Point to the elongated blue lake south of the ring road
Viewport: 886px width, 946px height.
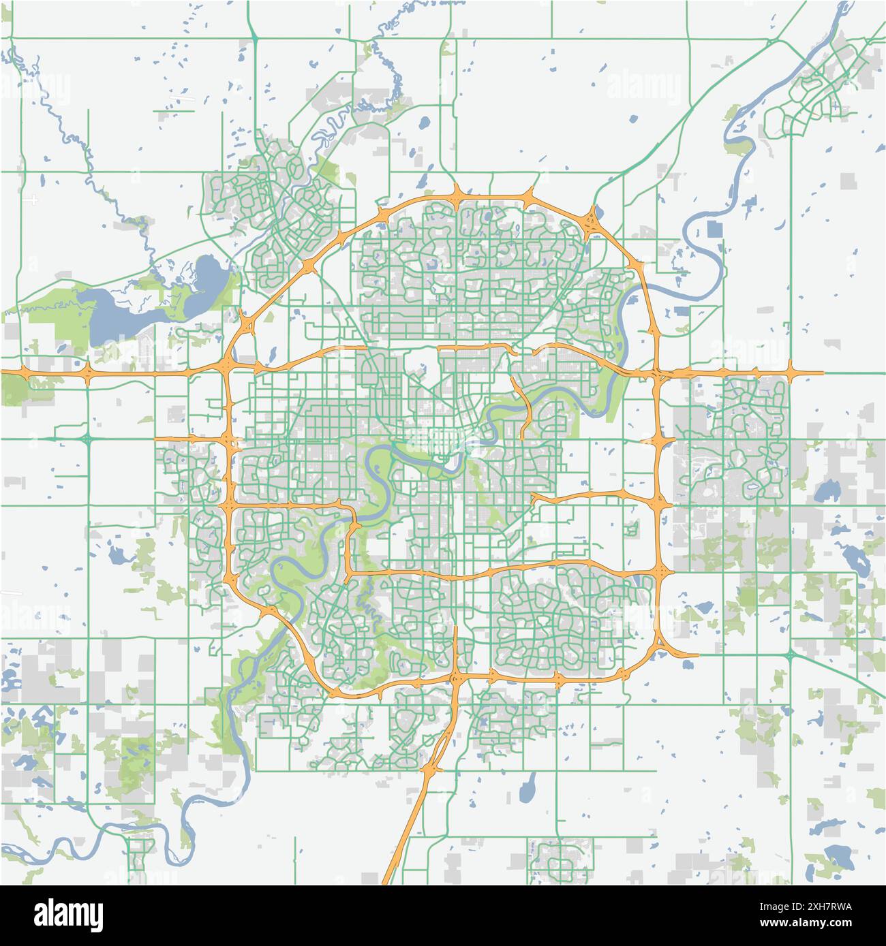click(x=527, y=789)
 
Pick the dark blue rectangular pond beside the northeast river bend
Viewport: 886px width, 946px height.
click(x=714, y=229)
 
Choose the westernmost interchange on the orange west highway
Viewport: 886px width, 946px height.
click(x=25, y=373)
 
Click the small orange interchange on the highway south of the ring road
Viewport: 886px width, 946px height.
click(x=429, y=770)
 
